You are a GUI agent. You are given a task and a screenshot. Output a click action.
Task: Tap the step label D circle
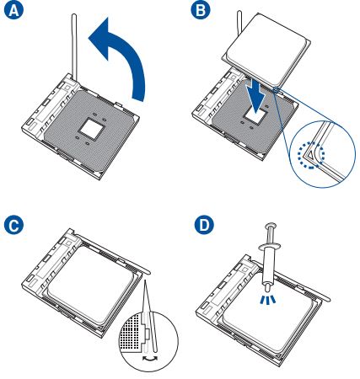pos(200,227)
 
